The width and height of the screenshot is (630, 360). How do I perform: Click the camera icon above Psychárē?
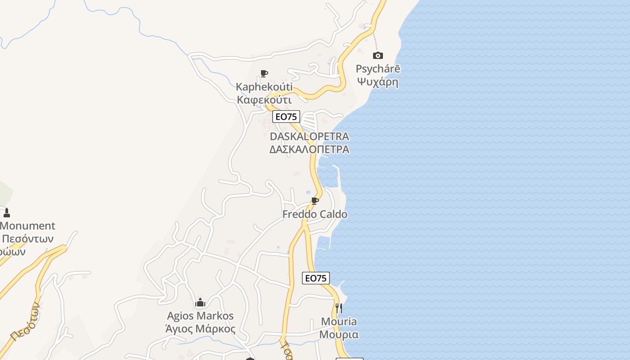pos(378,55)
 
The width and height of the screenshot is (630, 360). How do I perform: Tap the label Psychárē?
pos(378,69)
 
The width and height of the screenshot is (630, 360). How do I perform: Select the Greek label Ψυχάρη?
pos(378,82)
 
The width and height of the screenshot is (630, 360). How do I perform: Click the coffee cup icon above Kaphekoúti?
pos(264,73)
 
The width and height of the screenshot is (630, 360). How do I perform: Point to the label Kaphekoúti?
pos(264,87)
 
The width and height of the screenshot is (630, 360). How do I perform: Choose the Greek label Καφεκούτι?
pos(264,100)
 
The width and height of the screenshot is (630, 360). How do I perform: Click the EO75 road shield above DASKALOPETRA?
pos(286,117)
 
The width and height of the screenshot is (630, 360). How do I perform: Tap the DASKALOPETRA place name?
pos(309,136)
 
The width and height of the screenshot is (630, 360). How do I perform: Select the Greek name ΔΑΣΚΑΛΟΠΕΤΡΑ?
pos(309,149)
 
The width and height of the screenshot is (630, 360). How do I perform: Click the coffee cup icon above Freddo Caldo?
pos(315,201)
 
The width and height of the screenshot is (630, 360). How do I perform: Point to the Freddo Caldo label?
pos(315,214)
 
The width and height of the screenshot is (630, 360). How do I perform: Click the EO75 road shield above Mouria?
pos(316,278)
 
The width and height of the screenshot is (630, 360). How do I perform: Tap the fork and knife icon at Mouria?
pos(339,308)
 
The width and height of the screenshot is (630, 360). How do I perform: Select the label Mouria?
pos(339,322)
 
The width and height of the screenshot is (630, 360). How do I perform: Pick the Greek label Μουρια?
pos(339,335)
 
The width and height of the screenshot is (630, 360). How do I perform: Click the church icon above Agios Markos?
pos(200,302)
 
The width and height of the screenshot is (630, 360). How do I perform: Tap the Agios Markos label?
pos(200,316)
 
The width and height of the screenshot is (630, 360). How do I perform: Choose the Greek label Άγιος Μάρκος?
pos(200,329)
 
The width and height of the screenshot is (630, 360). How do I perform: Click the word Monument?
pos(28,226)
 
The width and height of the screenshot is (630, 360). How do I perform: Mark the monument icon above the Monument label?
pos(6,212)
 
